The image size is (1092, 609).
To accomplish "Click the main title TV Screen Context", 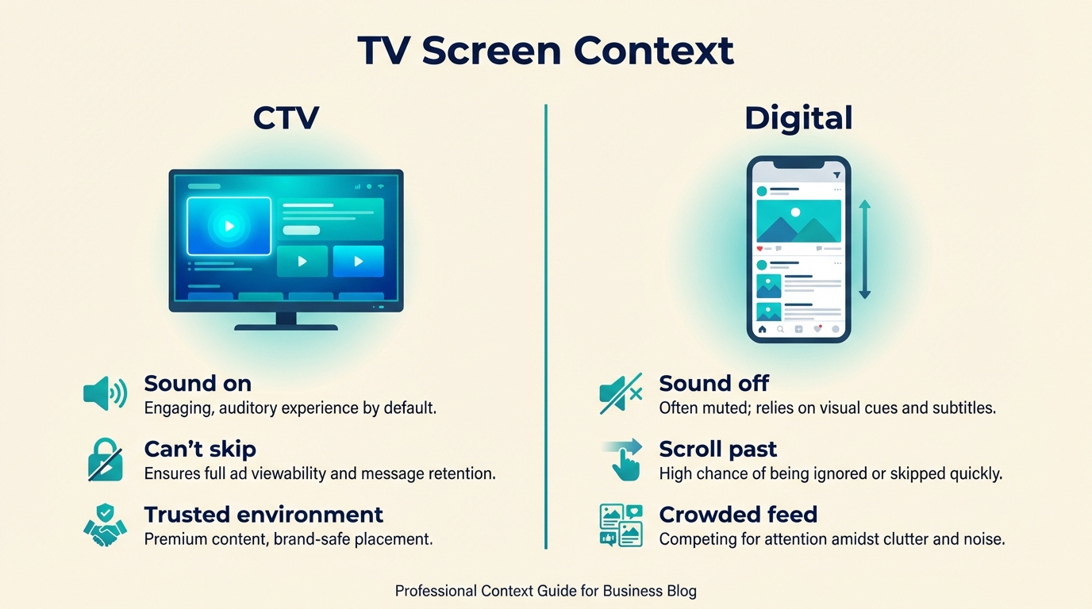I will [x=545, y=50].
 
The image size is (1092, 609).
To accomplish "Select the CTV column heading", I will [x=286, y=118].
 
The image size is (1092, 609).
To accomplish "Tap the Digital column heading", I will [x=798, y=118].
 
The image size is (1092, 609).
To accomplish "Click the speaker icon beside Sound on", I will [x=105, y=393].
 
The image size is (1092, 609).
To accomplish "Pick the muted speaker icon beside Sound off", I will [x=620, y=393].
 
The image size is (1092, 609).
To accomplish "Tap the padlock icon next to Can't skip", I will [x=105, y=460].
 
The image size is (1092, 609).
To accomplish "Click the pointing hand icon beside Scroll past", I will [x=623, y=460].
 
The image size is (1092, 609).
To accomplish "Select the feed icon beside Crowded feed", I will [x=620, y=525].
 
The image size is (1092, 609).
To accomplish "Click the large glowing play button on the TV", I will [x=229, y=226].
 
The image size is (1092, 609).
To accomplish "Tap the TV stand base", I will [x=286, y=326].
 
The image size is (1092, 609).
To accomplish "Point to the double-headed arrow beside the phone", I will [x=864, y=249].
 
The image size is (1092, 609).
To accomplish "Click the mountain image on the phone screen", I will [x=798, y=220].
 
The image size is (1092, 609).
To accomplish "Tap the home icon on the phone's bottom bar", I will [x=763, y=329].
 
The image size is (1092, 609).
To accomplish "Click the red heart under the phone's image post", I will [x=760, y=249].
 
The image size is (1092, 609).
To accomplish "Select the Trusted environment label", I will [x=263, y=514].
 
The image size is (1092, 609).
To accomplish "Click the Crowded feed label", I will [x=738, y=514].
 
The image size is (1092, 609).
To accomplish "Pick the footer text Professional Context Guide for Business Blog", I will [x=545, y=591].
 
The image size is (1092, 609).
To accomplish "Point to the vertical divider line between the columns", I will [x=546, y=325].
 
